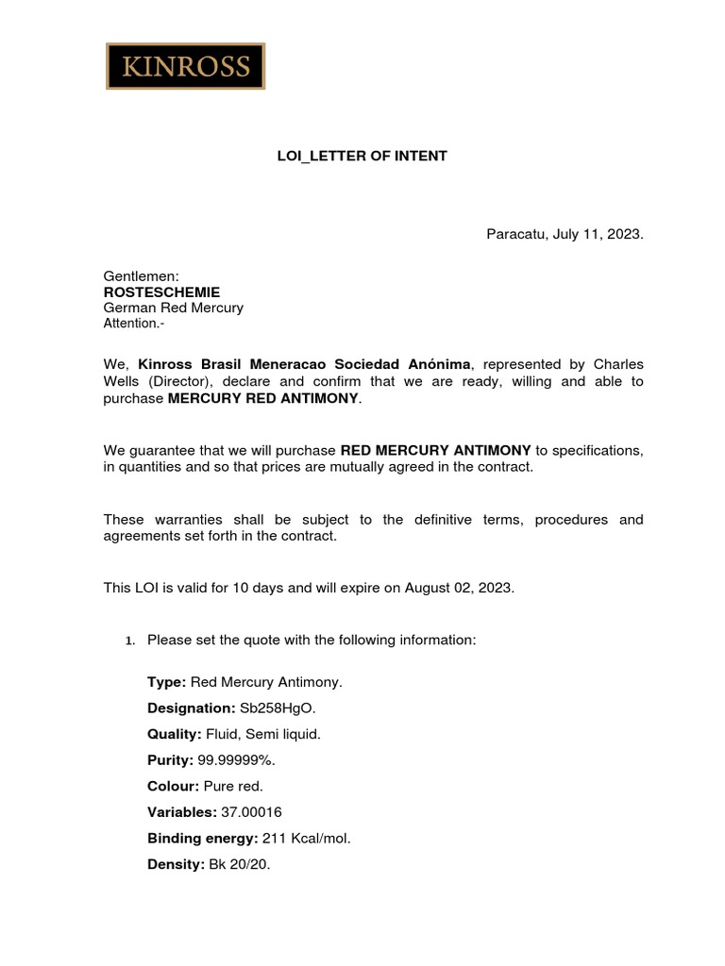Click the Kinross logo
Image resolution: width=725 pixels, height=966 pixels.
click(x=185, y=66)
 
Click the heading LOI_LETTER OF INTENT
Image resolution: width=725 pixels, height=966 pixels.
click(x=362, y=156)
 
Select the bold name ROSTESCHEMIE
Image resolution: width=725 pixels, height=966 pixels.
click(x=161, y=292)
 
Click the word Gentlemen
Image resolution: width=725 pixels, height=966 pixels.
click(x=139, y=275)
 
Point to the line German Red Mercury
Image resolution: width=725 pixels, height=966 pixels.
click(x=173, y=308)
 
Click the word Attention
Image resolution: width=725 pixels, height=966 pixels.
click(x=132, y=324)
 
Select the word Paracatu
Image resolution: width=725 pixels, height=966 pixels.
click(x=517, y=234)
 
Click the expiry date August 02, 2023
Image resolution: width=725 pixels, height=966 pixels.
click(x=459, y=587)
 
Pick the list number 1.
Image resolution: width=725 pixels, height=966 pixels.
click(x=129, y=641)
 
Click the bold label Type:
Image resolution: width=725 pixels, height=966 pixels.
click(x=166, y=681)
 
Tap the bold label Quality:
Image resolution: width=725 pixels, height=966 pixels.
click(x=174, y=734)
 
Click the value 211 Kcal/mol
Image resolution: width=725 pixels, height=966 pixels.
click(x=306, y=838)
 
